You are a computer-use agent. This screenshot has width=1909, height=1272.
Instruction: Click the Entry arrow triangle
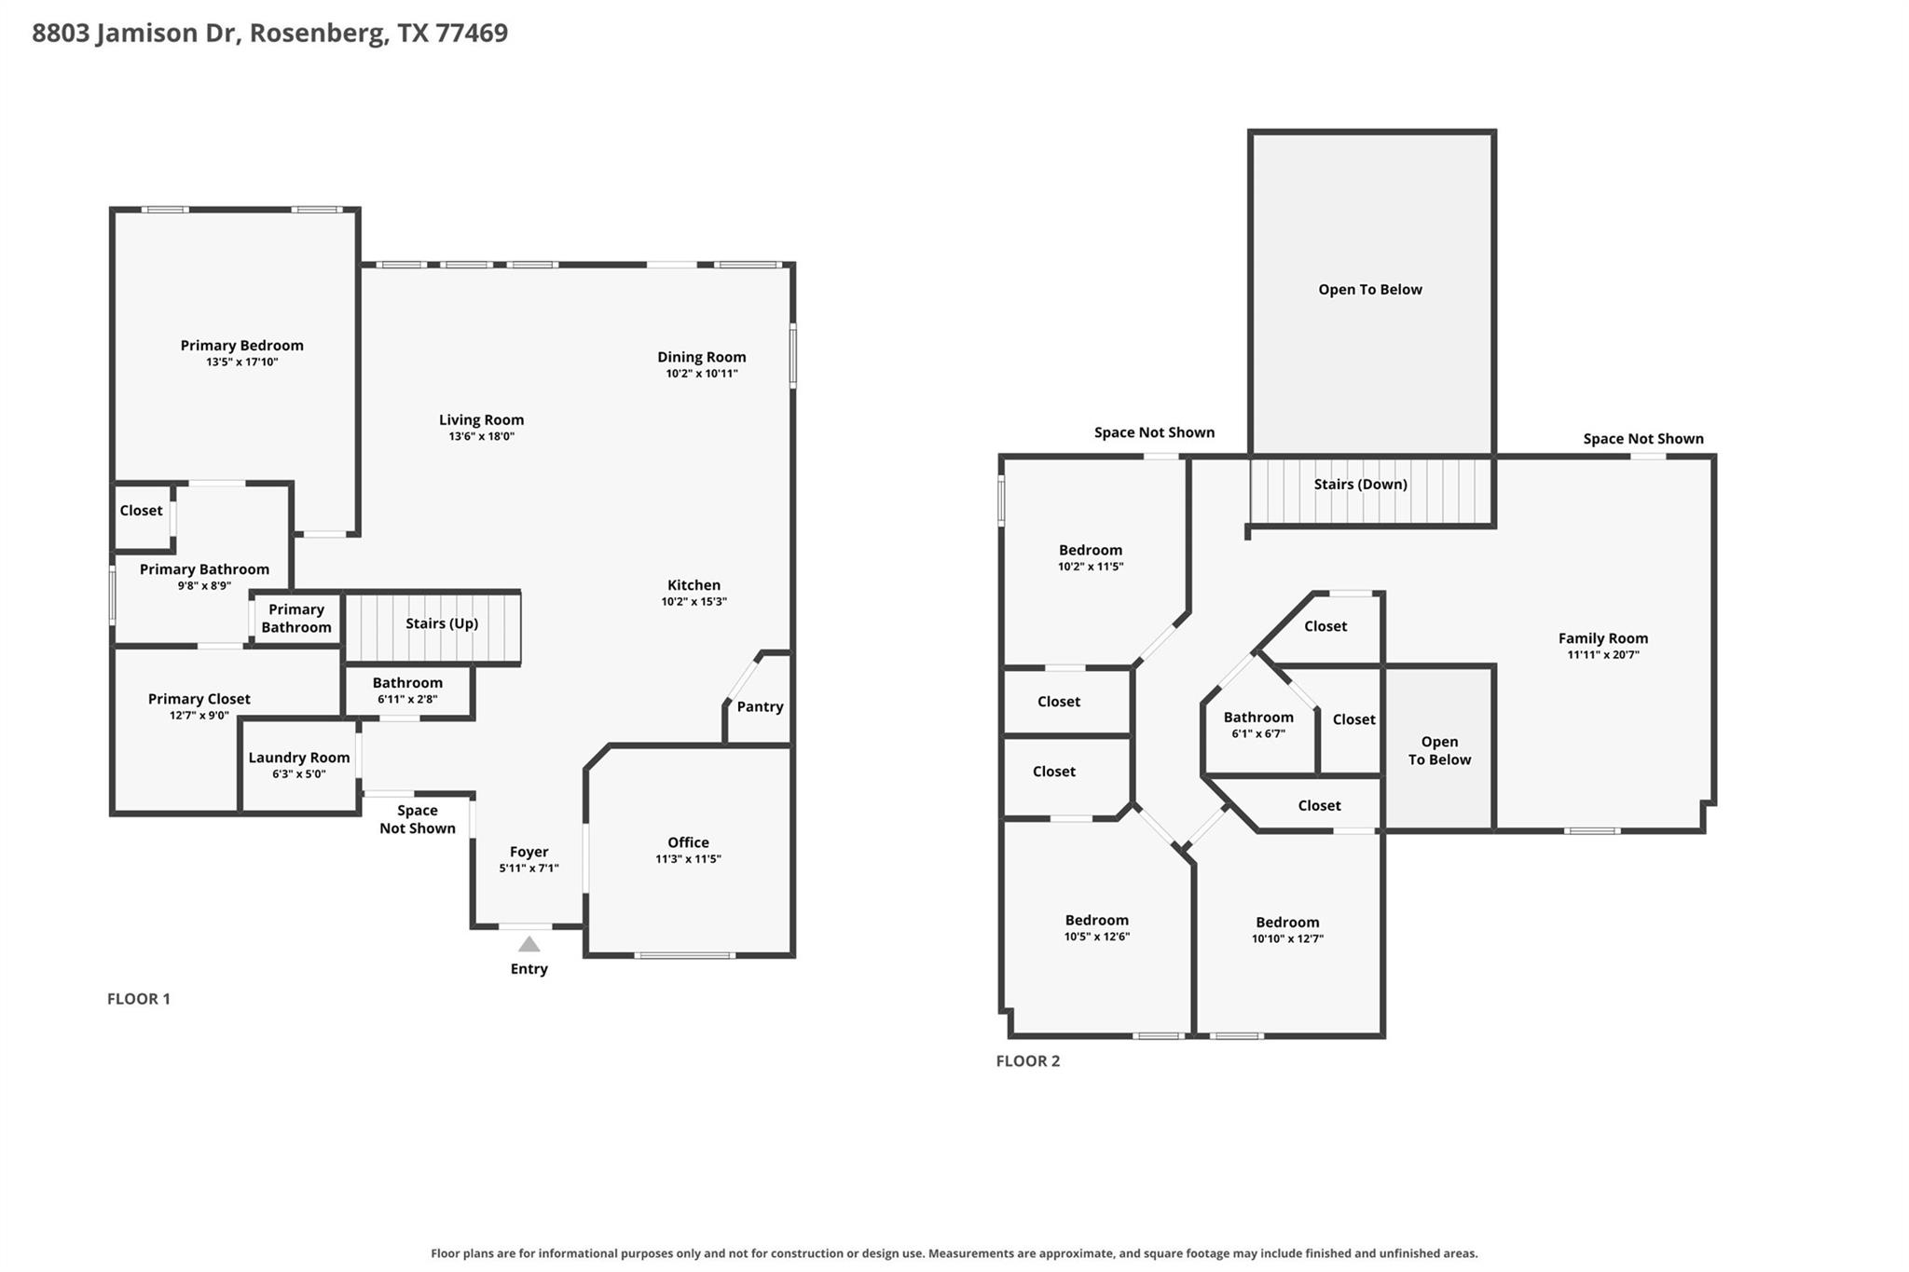[529, 944]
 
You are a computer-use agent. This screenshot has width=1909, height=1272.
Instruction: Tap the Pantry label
[760, 706]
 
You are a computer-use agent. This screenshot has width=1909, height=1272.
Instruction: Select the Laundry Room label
[299, 758]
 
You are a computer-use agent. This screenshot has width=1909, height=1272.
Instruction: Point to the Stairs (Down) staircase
[1371, 490]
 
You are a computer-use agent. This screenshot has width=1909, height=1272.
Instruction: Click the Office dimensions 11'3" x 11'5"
[688, 859]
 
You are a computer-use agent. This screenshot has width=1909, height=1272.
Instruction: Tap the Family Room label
[1603, 638]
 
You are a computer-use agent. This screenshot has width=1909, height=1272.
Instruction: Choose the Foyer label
[529, 852]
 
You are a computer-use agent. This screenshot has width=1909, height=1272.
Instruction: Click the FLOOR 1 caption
[139, 999]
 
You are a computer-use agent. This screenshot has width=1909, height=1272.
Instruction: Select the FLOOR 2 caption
[1028, 1060]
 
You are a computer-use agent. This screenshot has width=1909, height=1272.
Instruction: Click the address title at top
[270, 33]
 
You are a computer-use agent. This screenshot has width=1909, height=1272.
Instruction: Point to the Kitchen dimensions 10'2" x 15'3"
[694, 602]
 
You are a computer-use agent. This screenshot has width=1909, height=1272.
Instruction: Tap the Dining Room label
[702, 357]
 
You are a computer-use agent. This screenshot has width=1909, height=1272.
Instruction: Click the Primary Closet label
[199, 699]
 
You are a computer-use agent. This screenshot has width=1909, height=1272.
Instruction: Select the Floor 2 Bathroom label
[1258, 717]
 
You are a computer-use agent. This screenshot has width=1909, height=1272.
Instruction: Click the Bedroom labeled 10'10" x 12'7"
[1287, 923]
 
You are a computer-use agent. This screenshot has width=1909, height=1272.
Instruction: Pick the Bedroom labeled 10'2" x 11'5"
[1091, 550]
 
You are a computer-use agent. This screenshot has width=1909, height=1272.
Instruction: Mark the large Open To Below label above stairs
[1370, 290]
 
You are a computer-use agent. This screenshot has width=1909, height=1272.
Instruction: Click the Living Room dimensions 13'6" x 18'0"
[482, 436]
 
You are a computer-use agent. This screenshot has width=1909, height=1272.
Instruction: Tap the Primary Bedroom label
[242, 346]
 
